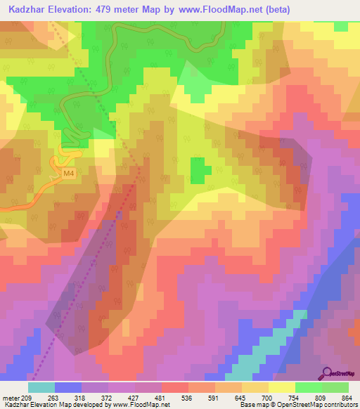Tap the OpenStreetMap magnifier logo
pos(328,372)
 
